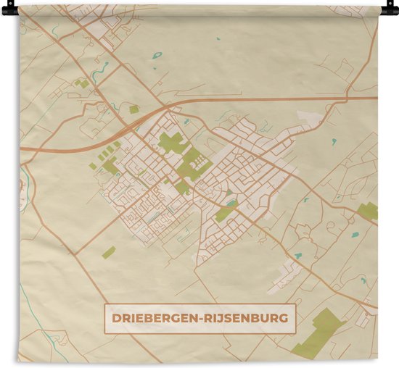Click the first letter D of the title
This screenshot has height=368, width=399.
click(x=115, y=317)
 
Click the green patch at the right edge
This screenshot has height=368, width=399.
click(x=368, y=211)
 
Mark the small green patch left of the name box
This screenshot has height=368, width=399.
click(x=109, y=252)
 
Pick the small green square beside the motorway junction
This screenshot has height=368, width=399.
click(x=134, y=109)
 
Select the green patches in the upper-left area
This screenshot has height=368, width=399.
click(x=82, y=83)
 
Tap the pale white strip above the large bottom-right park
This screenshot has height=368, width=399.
click(x=286, y=276)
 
